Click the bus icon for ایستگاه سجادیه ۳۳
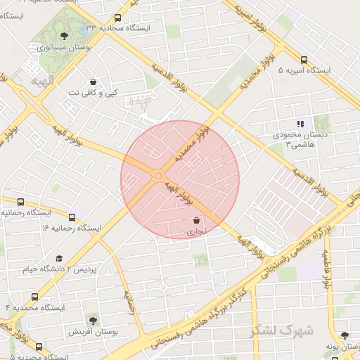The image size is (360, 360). (117, 18)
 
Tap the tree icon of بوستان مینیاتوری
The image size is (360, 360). (64, 35)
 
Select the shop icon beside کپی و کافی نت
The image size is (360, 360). (94, 81)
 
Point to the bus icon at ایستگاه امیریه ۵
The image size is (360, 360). (303, 60)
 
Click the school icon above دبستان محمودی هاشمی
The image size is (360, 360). (300, 124)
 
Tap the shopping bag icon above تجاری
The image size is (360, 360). (195, 220)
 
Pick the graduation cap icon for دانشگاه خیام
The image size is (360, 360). (60, 259)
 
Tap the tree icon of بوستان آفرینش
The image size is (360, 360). (91, 320)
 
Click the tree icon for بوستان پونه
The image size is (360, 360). (344, 336)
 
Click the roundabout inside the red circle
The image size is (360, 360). (159, 175)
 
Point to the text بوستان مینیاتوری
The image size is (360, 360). (62, 48)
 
